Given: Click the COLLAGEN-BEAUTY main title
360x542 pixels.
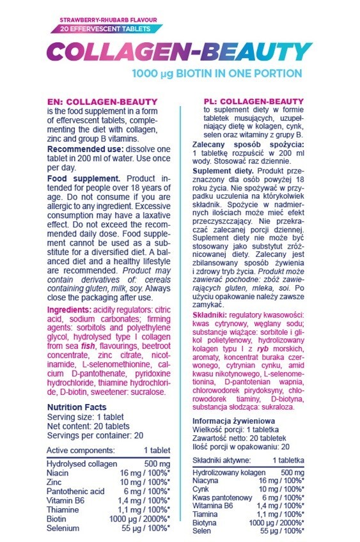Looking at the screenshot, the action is coord(178,51).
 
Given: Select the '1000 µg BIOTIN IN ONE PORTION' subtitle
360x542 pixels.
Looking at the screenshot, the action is coord(217,73).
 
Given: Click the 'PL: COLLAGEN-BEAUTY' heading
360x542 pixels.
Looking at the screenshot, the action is coord(248,101).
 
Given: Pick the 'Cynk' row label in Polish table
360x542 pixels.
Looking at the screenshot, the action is coord(202,488).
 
